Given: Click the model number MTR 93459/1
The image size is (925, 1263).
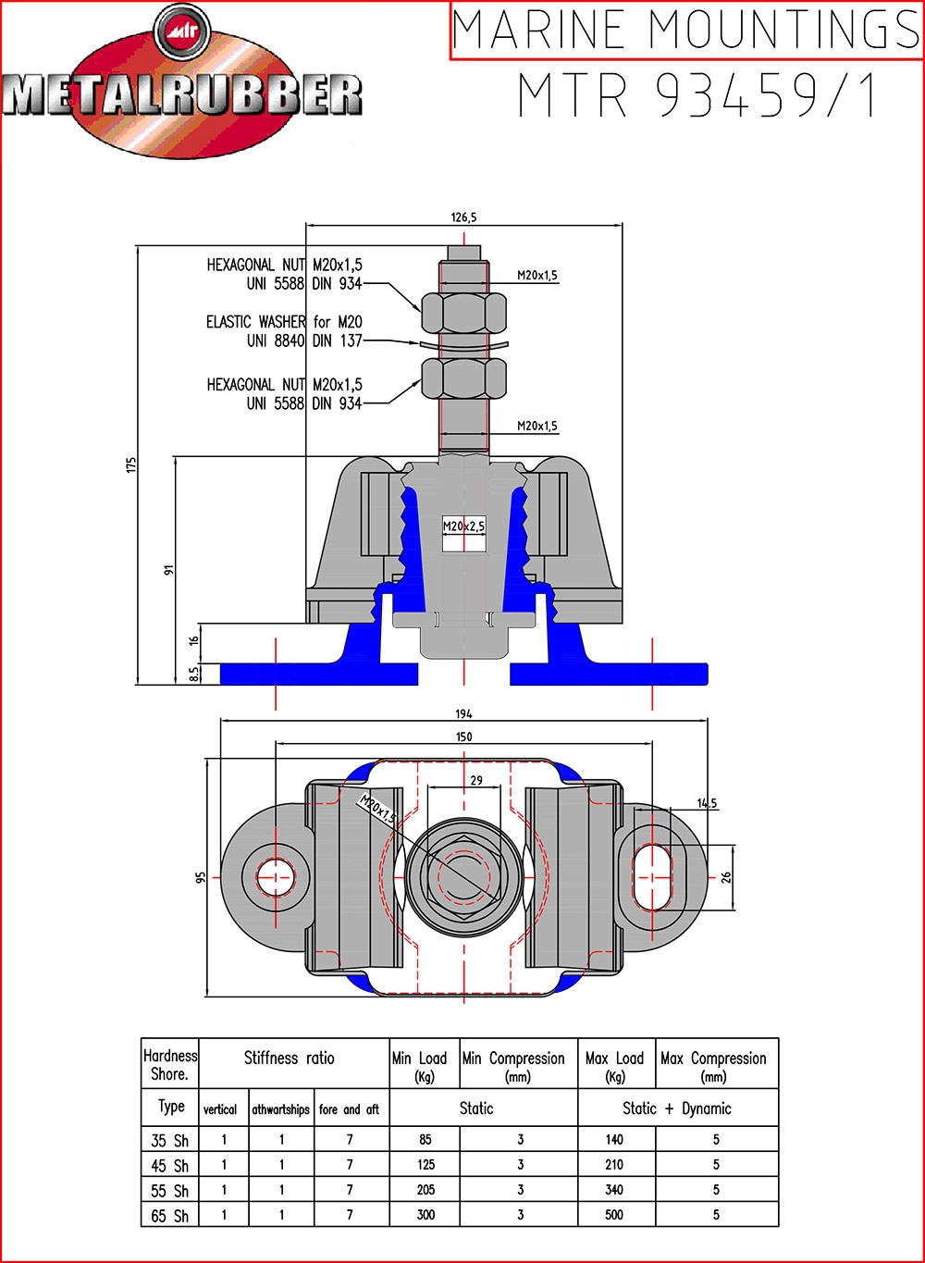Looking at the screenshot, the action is (x=697, y=94).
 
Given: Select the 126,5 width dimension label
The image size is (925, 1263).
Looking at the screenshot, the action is (x=463, y=217).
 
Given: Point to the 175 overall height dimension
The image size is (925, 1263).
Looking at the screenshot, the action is (x=131, y=465).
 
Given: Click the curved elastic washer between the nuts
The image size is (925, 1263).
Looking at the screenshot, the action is (x=464, y=343).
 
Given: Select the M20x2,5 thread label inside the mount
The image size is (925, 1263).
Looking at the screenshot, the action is (x=463, y=526).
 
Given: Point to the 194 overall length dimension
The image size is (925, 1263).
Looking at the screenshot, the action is (x=463, y=713).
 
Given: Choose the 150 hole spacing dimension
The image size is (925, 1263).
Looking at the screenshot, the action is (x=463, y=737).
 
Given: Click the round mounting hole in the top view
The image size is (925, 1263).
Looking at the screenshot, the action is (x=276, y=877).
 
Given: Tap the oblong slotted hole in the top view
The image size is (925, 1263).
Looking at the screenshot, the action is (x=652, y=878).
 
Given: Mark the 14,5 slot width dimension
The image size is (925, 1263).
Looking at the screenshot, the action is (x=707, y=803).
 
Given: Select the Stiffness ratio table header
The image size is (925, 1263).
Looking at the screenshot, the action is (x=290, y=1058).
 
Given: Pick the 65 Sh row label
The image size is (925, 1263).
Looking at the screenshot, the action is (x=169, y=1216).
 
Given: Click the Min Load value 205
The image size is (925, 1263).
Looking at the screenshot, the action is (x=425, y=1189).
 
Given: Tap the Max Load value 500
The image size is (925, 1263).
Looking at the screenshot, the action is (x=614, y=1215).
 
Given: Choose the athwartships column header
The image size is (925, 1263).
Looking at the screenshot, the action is (x=280, y=1109).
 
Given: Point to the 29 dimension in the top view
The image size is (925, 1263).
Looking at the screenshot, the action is (x=476, y=780).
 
